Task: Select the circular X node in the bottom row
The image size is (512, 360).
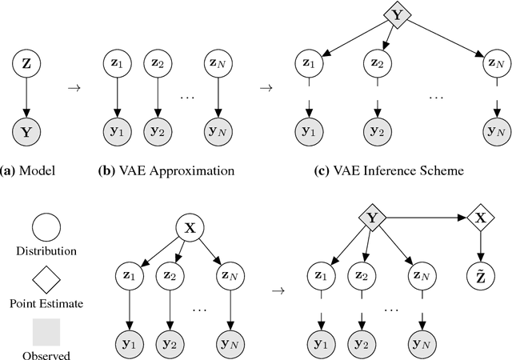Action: (190, 226)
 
